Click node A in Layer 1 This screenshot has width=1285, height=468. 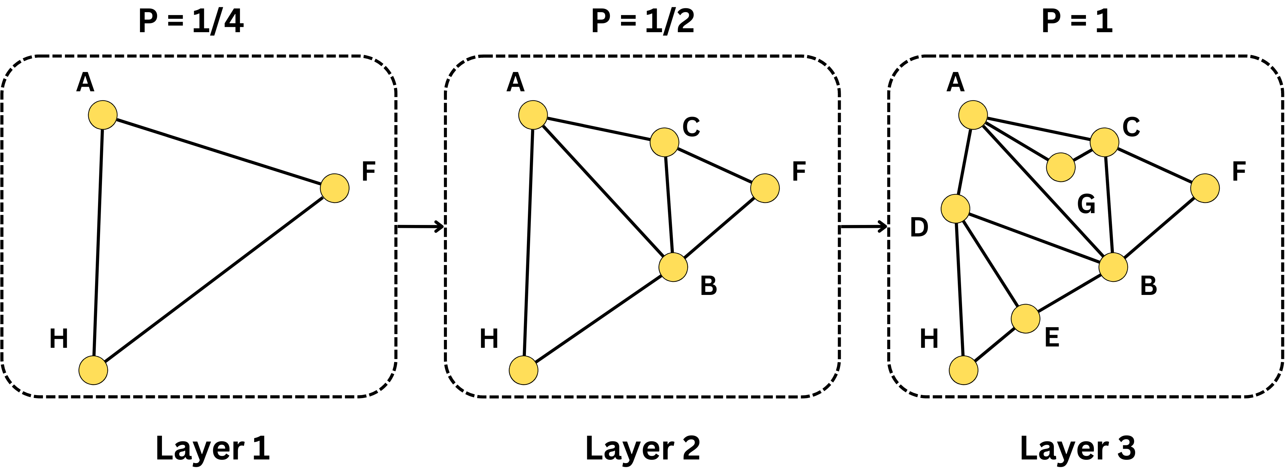click(103, 115)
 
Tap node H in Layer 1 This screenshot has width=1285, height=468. click(93, 370)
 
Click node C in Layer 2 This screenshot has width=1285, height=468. click(664, 142)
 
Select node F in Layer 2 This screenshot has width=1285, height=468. click(765, 188)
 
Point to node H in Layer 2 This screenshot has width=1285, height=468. click(523, 370)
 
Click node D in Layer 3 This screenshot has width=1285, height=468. click(955, 209)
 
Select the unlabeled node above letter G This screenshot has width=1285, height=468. click(1060, 167)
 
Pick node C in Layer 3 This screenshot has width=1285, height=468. click(1104, 142)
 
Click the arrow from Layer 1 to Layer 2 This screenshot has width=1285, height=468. click(420, 227)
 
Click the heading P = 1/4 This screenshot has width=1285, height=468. click(191, 21)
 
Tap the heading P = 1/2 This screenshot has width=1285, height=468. click(643, 21)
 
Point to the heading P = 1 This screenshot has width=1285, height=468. click(1077, 21)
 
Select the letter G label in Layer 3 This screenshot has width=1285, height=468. click(1086, 204)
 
